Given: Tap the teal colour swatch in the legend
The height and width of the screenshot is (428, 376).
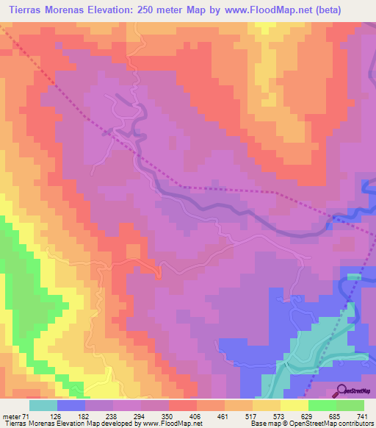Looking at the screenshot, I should [x=43, y=405].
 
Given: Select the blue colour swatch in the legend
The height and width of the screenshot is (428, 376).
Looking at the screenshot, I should [x=71, y=405].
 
